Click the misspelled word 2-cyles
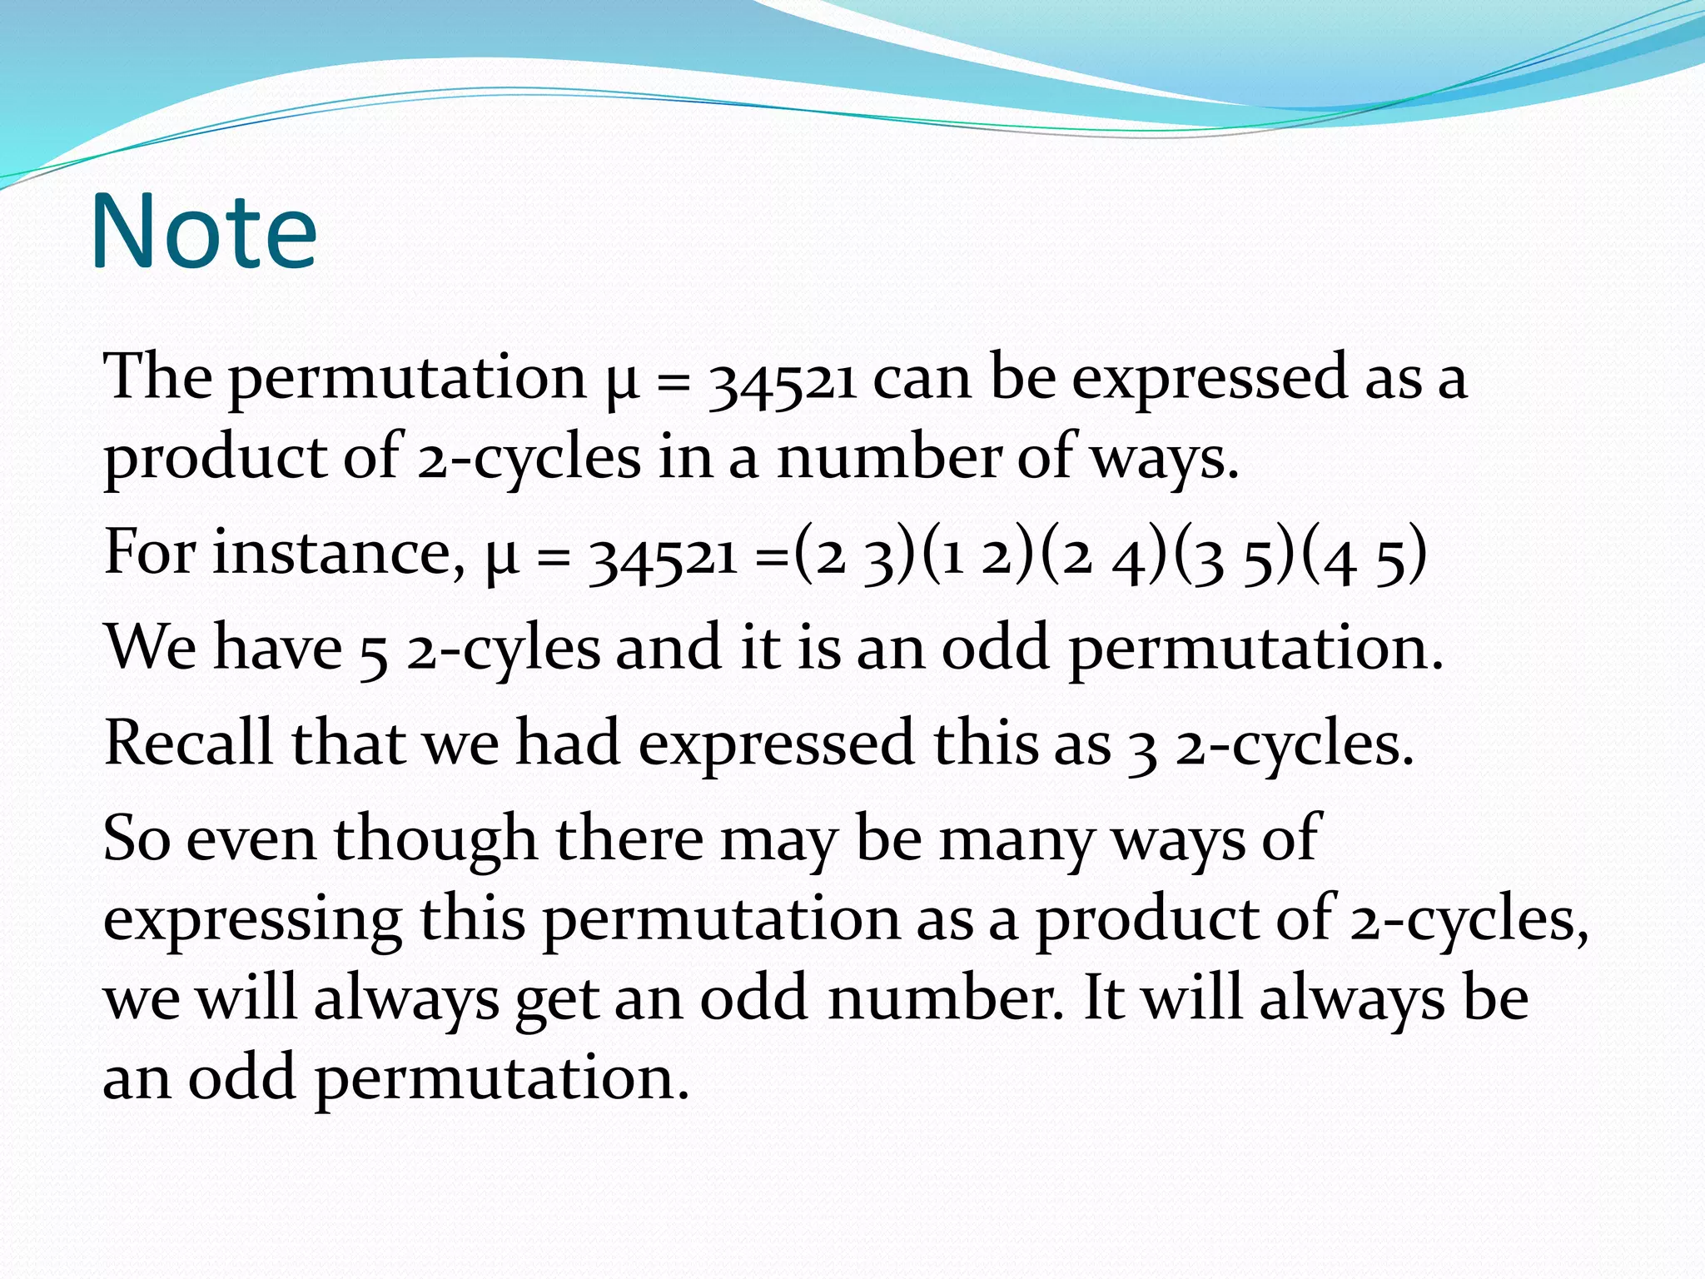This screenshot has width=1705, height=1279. (503, 649)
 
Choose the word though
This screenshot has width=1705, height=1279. (435, 839)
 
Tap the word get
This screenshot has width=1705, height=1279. (557, 1000)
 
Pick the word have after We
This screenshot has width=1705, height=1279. (278, 647)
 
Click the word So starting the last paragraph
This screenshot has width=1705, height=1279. (137, 839)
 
